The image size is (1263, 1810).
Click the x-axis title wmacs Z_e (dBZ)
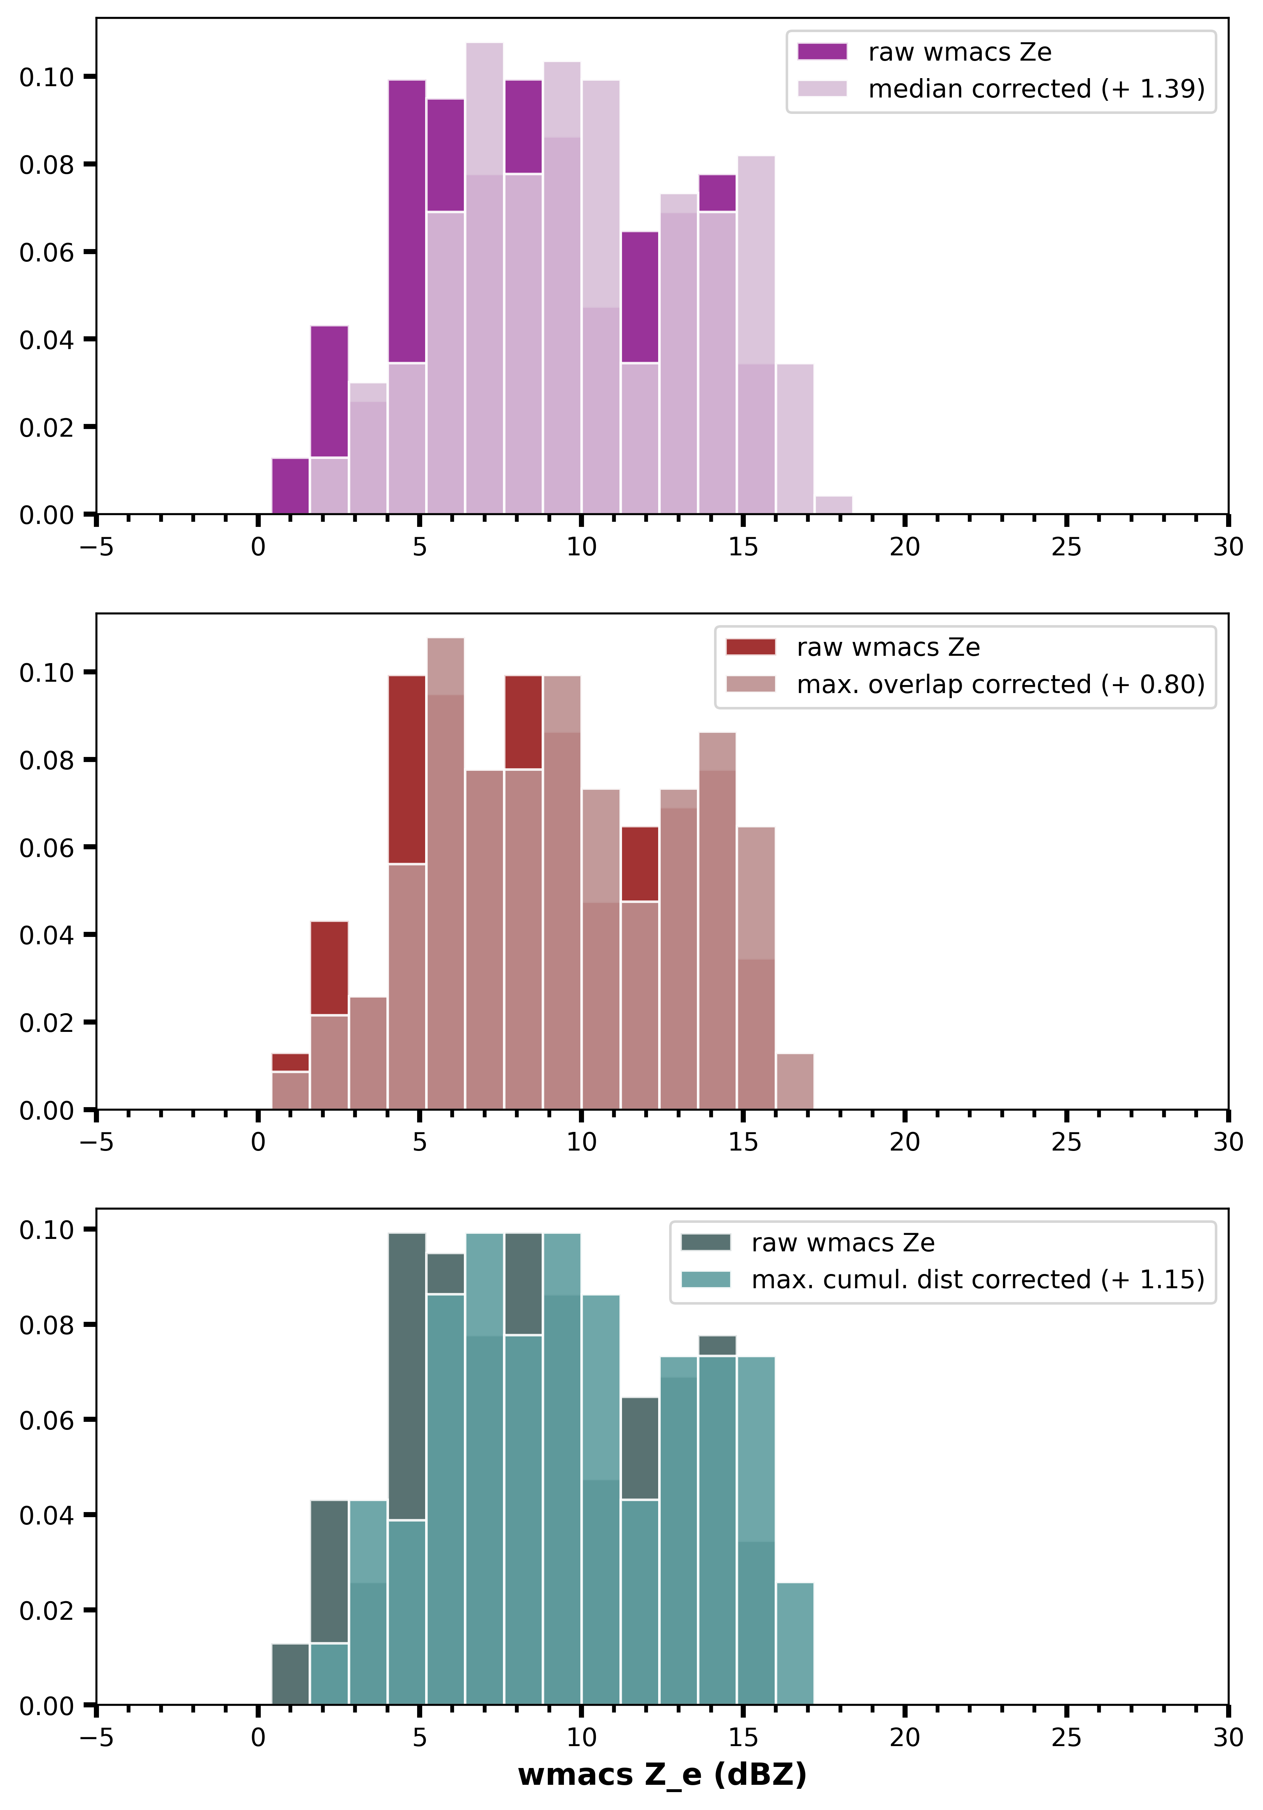662,1774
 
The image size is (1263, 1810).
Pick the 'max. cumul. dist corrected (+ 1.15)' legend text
978,1279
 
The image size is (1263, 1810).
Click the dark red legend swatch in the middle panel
751,647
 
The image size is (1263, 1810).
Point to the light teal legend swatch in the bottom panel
706,1279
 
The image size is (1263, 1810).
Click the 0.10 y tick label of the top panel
46,77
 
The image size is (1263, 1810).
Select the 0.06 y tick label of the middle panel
46,847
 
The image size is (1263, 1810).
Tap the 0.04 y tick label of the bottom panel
46,1515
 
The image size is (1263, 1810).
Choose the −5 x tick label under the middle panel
96,1142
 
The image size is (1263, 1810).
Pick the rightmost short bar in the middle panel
795,1082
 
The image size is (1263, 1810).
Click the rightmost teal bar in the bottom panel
795,1645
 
